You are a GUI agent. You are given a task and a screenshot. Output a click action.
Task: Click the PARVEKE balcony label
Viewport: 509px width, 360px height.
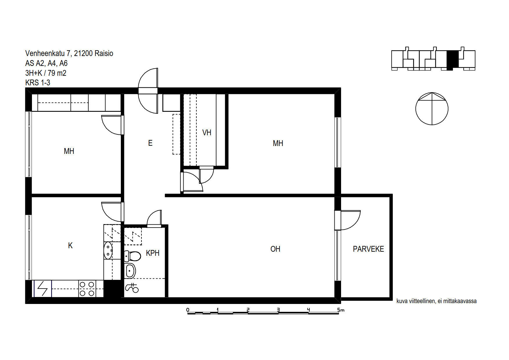(x=368, y=249)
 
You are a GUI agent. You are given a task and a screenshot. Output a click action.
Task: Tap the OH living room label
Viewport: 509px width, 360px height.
(x=275, y=249)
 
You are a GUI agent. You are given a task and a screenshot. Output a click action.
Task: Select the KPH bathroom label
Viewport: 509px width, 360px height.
(x=153, y=253)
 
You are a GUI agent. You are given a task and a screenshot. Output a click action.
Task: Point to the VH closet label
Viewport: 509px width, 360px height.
(x=207, y=133)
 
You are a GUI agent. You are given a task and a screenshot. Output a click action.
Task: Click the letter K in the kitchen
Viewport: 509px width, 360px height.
(x=70, y=246)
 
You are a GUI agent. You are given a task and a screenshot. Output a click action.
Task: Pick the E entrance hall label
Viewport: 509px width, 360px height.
(x=150, y=143)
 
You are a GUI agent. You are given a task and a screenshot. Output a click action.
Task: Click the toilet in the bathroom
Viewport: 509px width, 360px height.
(x=132, y=256)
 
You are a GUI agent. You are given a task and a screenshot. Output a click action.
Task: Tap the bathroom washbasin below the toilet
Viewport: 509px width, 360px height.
(x=130, y=271)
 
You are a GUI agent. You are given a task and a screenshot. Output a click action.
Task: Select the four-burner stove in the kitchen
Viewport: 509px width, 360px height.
(x=87, y=289)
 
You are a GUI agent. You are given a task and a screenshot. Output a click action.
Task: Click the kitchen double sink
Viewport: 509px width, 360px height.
(x=108, y=251)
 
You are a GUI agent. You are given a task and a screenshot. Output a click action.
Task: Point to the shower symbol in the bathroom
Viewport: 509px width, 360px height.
(x=132, y=288)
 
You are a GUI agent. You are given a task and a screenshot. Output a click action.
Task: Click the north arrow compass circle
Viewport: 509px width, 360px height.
(x=432, y=109)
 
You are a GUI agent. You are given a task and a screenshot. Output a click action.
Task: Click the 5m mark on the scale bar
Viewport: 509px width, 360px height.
(x=341, y=310)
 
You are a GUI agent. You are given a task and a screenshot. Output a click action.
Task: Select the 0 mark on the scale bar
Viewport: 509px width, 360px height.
(x=188, y=310)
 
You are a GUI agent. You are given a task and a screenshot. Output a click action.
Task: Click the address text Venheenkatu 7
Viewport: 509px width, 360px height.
(x=48, y=53)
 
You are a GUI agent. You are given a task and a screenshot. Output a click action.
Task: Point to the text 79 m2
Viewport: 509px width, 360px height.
(x=57, y=73)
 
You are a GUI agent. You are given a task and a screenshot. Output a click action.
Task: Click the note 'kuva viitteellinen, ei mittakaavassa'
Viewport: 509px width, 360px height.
(x=436, y=301)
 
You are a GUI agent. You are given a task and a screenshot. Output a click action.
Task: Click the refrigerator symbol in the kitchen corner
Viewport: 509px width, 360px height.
(x=43, y=289)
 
